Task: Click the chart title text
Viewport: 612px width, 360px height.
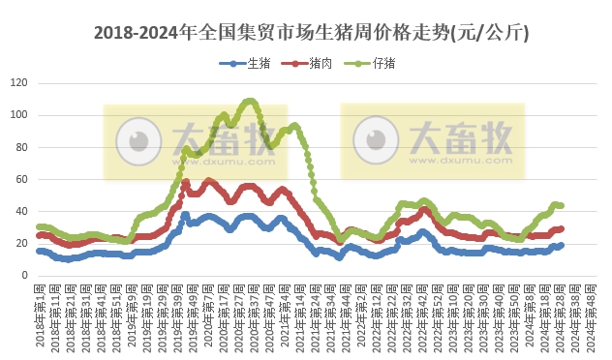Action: pos(310,32)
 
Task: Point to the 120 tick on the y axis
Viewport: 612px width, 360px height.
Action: pos(16,83)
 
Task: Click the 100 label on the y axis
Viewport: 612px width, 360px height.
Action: pos(16,115)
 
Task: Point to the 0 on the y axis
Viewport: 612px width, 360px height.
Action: pos(22,275)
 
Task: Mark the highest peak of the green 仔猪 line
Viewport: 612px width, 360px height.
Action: pos(250,101)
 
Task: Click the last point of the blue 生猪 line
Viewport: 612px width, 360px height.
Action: pos(562,246)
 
